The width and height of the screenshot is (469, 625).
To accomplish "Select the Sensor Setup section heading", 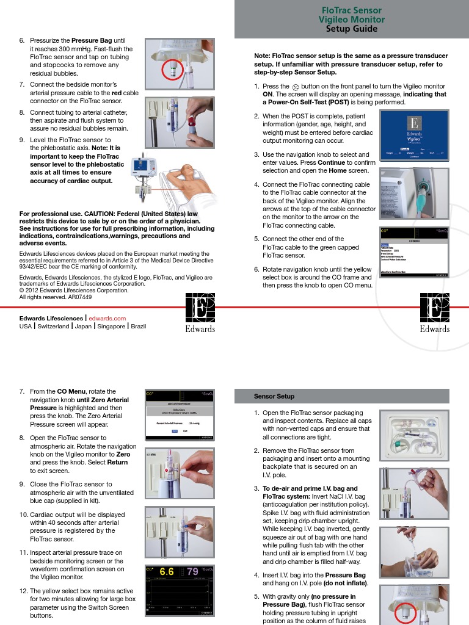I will coord(274,396).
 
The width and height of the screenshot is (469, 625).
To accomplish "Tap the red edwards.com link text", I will coord(107,318).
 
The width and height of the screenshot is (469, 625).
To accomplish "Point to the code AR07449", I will coord(80,297).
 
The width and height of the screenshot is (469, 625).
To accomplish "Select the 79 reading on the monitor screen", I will coord(192,572).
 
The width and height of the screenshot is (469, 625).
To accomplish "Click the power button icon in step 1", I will coord(296,87).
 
